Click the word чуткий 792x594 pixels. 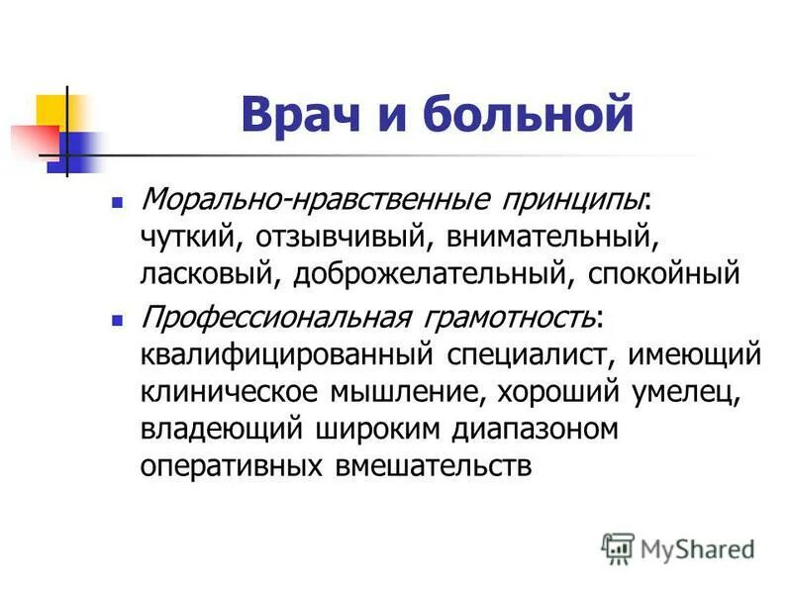195,238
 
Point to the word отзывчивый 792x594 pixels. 348,238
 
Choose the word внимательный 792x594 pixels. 550,238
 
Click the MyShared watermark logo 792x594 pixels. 678,548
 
